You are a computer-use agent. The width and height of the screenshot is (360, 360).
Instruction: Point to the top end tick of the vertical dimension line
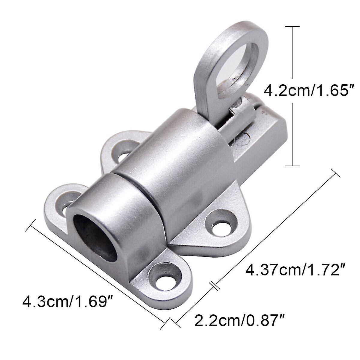pyautogui.click(x=292, y=27)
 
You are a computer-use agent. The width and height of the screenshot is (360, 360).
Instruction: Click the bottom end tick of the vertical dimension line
pyautogui.click(x=292, y=165)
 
